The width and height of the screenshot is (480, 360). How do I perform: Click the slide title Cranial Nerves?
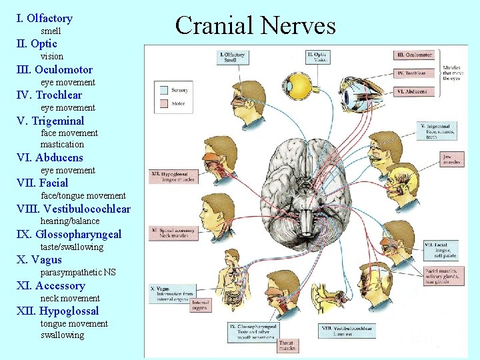click(255, 25)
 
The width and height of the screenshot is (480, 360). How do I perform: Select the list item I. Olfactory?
click(44, 19)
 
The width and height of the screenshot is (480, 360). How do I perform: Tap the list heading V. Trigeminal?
click(50, 121)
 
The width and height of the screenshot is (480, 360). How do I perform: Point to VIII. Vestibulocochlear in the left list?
click(73, 209)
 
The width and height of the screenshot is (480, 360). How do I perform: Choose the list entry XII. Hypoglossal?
click(57, 311)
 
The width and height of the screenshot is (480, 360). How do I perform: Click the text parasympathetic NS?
click(77, 273)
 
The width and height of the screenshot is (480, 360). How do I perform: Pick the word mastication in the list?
click(62, 144)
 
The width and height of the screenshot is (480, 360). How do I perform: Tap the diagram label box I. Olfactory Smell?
click(231, 57)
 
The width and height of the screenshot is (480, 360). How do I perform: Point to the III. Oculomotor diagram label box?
click(415, 55)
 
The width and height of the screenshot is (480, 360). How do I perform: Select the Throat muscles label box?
click(287, 345)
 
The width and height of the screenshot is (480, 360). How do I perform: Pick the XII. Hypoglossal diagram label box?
click(173, 175)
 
